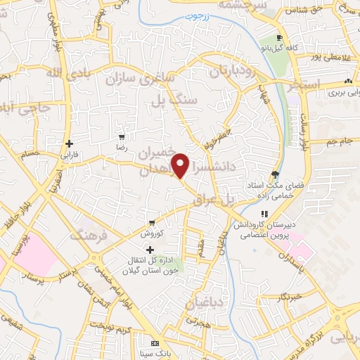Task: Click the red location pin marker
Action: coord(181,166)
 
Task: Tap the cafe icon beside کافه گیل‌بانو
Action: coord(280,38)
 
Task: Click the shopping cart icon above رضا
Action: coord(122,137)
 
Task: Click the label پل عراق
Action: coord(225,200)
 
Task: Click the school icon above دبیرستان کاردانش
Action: coord(264,214)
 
